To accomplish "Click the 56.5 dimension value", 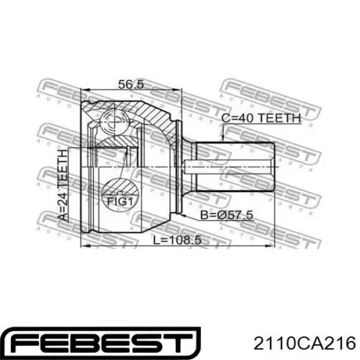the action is pyautogui.click(x=131, y=84).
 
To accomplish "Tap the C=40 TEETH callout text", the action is pyautogui.click(x=261, y=118).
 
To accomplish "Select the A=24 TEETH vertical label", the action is pyautogui.click(x=62, y=185).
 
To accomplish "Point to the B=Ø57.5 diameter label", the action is pyautogui.click(x=227, y=215).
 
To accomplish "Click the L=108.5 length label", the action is pyautogui.click(x=177, y=240).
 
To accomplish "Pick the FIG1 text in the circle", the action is pyautogui.click(x=120, y=202).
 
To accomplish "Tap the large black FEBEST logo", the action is pyautogui.click(x=103, y=343).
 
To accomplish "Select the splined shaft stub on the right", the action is pyautogui.click(x=235, y=167).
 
